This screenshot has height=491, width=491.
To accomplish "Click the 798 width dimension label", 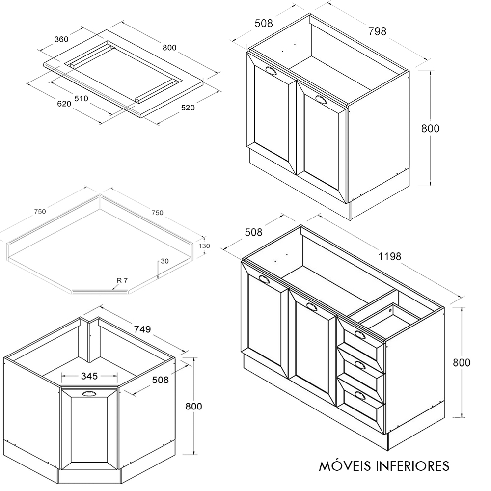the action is click(377, 31).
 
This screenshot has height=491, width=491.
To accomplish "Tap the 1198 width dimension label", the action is click(389, 256).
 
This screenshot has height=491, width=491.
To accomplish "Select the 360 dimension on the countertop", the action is click(61, 39).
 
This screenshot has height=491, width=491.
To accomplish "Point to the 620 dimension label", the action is click(64, 103).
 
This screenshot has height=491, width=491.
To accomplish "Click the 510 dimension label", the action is click(81, 98).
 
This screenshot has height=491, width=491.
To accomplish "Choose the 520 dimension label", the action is click(188, 108).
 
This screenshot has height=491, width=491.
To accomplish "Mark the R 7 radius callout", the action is click(122, 280).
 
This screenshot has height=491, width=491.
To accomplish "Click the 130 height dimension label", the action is click(204, 246).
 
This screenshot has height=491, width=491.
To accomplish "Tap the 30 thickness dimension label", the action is click(164, 261).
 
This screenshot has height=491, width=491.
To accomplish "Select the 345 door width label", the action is click(89, 376).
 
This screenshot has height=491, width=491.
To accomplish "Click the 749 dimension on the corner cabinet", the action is click(142, 329).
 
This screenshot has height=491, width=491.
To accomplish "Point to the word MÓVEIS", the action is click(346, 465).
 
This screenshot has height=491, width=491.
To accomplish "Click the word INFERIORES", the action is click(413, 465).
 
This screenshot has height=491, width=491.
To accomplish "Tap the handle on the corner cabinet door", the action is click(89, 393).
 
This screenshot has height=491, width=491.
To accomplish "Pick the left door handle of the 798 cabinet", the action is click(271, 71).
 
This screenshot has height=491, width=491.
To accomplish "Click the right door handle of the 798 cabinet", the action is click(321, 99).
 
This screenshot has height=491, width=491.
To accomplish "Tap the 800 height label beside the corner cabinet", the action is click(193, 406).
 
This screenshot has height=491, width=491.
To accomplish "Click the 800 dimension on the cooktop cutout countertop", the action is click(169, 47).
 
